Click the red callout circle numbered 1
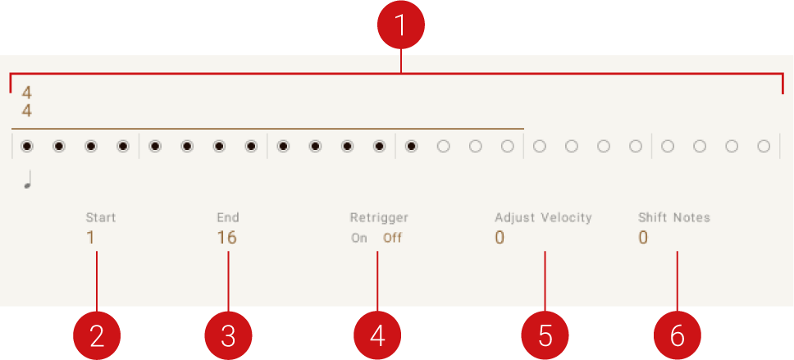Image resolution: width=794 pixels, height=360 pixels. (400, 25)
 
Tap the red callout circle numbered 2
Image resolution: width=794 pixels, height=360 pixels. (97, 335)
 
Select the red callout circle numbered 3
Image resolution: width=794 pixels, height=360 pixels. (228, 335)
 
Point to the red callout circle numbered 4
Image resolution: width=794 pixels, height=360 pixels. (377, 335)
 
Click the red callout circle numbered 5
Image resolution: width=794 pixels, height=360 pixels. (545, 335)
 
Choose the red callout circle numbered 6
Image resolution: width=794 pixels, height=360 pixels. (678, 335)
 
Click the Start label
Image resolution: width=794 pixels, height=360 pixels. (101, 218)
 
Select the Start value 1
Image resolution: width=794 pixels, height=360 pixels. (91, 239)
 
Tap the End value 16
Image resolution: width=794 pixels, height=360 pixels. (226, 239)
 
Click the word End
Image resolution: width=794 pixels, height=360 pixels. (228, 218)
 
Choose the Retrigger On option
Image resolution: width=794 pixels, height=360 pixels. (359, 239)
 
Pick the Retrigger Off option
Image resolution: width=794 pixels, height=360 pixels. (392, 239)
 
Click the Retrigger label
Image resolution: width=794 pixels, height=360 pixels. (379, 218)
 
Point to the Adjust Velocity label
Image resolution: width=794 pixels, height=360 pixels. (543, 218)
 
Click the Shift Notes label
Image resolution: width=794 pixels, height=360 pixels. (674, 218)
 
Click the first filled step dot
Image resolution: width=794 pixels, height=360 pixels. (27, 147)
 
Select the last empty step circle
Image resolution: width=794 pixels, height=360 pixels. (764, 147)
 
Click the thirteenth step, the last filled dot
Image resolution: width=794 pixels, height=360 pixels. (411, 147)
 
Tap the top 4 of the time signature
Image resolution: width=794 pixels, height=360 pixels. (27, 92)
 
